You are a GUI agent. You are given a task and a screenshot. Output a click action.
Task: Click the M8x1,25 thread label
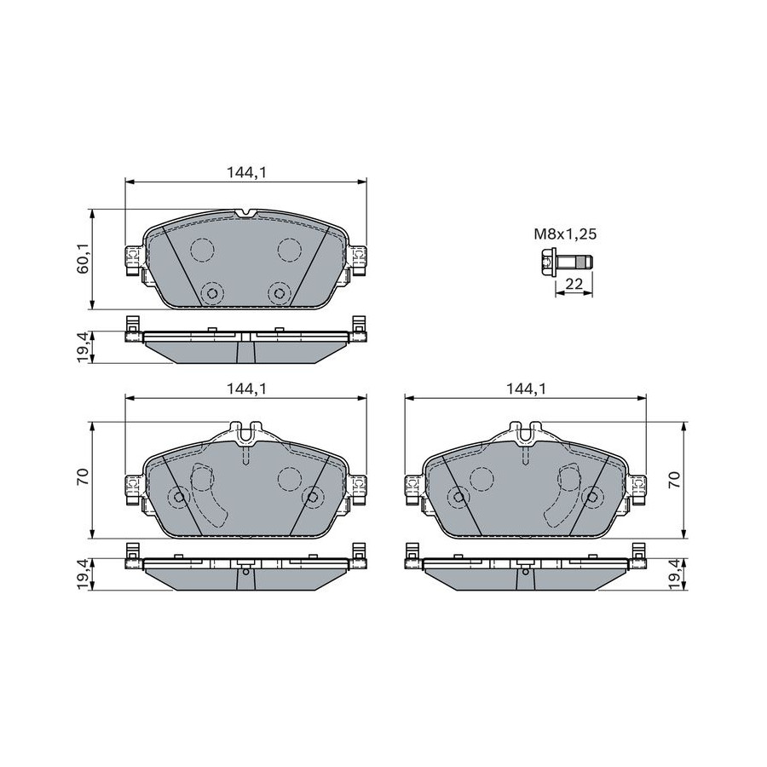point(565,234)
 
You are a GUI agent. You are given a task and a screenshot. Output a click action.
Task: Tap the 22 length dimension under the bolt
point(574,283)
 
